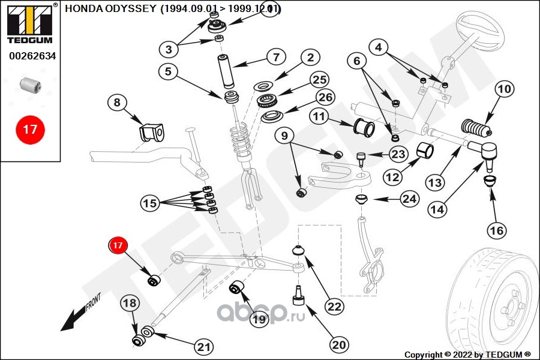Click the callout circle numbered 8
tap(117, 103)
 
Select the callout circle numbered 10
tap(504, 89)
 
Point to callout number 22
tap(335, 305)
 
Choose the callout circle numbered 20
tap(339, 344)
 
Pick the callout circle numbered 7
tap(276, 58)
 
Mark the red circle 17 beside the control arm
tap(118, 245)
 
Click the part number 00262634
tap(32, 57)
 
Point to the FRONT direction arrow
tap(77, 316)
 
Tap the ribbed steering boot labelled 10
tap(476, 128)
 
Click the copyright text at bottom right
tap(467, 354)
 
